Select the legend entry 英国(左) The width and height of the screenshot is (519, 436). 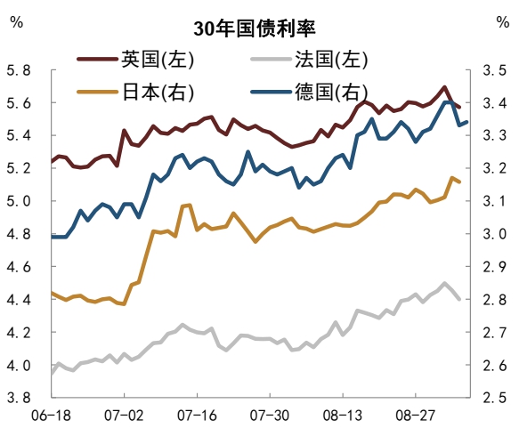tap(157, 60)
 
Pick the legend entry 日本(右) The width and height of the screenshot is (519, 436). tap(157, 91)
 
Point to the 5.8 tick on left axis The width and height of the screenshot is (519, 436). tap(19, 70)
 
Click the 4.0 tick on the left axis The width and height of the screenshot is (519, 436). tap(19, 366)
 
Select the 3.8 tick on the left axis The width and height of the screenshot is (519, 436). tap(19, 399)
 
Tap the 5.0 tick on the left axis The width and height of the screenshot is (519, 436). tap(19, 201)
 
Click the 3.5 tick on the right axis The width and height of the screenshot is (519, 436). tap(494, 70)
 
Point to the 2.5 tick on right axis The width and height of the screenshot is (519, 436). tap(494, 399)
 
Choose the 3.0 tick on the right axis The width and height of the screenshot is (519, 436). tap(494, 234)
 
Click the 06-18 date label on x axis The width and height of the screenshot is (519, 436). tap(52, 416)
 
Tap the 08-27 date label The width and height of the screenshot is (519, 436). tap(416, 416)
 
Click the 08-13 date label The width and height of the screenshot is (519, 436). tap(344, 416)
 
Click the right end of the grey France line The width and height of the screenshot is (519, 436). tap(459, 299)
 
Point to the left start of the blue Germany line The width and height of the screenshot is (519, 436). tap(52, 237)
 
